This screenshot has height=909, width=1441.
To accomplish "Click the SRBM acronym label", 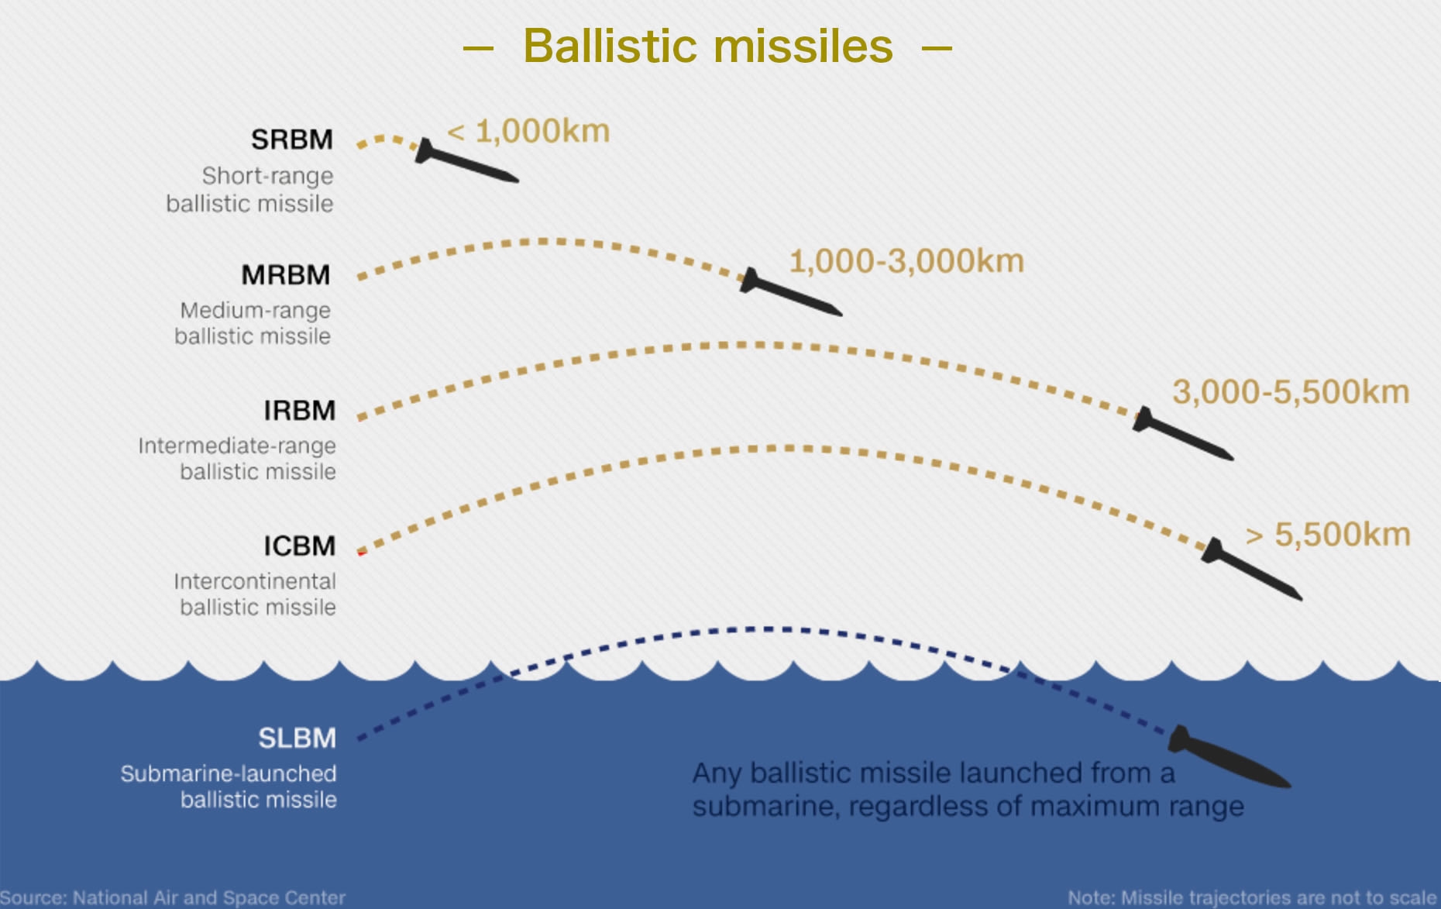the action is click(x=292, y=139).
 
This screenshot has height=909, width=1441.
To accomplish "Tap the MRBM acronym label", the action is click(x=286, y=275).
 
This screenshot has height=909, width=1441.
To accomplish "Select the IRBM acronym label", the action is click(x=300, y=411).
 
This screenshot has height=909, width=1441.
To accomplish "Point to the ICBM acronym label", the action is click(x=300, y=546).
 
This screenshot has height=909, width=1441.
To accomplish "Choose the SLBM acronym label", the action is click(x=297, y=739).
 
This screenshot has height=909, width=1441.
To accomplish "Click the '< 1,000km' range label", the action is click(x=529, y=132).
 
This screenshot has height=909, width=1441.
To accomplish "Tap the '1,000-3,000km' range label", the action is click(x=906, y=261).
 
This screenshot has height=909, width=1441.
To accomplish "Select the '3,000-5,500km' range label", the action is click(x=1291, y=392).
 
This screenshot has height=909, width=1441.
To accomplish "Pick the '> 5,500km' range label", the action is click(x=1328, y=535).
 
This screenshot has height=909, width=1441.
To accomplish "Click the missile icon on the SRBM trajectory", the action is click(x=466, y=162).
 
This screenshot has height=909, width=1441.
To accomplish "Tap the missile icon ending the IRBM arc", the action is click(x=1183, y=434).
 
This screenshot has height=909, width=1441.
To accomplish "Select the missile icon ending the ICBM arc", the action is click(x=1252, y=570).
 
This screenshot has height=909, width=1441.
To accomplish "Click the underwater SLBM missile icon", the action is click(x=1229, y=757).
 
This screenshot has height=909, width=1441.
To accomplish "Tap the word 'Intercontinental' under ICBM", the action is click(x=255, y=581).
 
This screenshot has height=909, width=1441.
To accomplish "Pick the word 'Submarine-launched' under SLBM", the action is click(x=229, y=773).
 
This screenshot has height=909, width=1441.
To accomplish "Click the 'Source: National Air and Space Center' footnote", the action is click(x=173, y=898).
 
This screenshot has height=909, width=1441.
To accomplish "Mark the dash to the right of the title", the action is click(x=937, y=48).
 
